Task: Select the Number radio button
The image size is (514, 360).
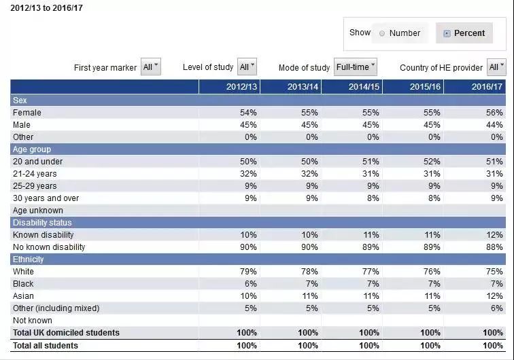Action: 382,33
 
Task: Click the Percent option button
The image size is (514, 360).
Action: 464,33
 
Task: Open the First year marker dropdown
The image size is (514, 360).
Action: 151,67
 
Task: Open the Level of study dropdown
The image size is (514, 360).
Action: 247,67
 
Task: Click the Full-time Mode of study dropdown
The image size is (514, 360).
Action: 356,67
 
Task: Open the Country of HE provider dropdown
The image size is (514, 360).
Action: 496,67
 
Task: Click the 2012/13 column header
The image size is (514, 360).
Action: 241,87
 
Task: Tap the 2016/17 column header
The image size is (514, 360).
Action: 487,87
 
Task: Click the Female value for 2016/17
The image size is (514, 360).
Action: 494,113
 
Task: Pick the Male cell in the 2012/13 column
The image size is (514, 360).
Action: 248,125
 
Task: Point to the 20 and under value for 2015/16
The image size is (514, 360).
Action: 432,162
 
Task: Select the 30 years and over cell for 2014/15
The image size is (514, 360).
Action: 373,198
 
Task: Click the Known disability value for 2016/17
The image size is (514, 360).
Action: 494,235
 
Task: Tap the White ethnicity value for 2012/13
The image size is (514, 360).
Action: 248,272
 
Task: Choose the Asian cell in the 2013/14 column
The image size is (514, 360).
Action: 310,296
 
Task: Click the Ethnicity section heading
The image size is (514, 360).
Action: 28,259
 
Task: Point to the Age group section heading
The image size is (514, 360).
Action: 32,149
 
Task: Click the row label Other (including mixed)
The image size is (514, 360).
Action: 56,308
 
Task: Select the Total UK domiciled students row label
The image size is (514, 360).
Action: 66,333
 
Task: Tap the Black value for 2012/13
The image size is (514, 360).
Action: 250,284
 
